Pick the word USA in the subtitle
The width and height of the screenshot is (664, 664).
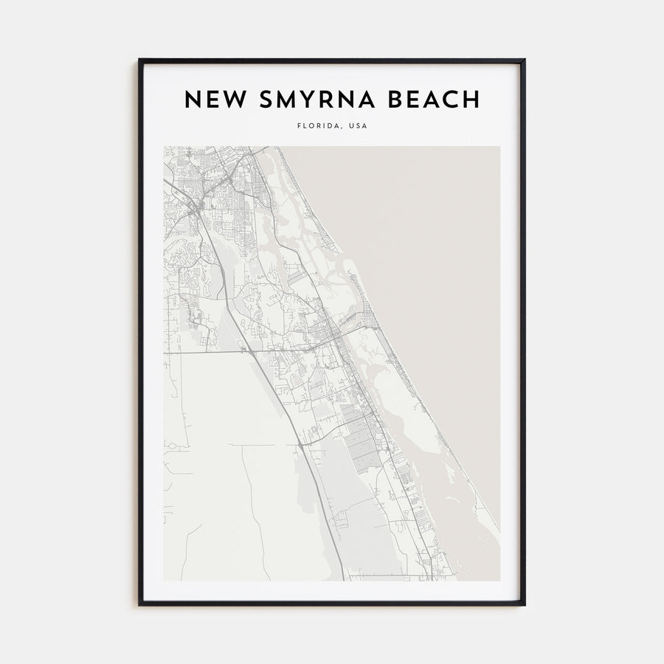click(x=357, y=125)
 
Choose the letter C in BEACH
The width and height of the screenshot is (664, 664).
click(x=452, y=100)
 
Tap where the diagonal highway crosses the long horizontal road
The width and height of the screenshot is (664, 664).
click(x=247, y=352)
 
